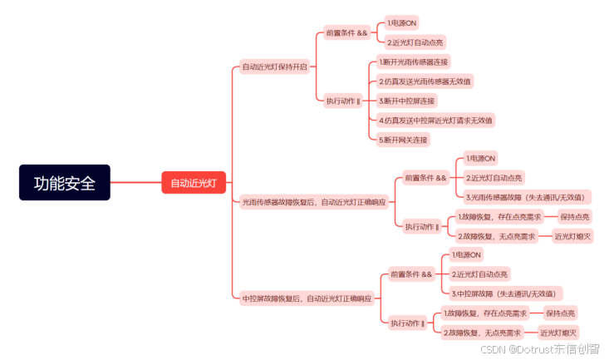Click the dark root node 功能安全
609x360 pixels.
tap(65, 182)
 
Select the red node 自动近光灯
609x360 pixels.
tap(194, 183)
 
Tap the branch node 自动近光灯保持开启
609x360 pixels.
tap(274, 67)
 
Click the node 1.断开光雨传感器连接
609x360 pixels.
tap(413, 62)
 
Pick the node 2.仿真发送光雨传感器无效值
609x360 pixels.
tap(425, 81)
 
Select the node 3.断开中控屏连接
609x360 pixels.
tap(407, 101)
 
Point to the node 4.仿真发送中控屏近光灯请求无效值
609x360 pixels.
tap(435, 121)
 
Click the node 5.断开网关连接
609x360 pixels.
tap(403, 140)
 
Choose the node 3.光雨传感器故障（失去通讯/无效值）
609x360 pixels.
tap(528, 197)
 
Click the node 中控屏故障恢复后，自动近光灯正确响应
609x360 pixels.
tap(307, 298)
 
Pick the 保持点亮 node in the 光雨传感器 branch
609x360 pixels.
tap(575, 217)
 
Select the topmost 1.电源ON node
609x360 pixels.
tap(402, 23)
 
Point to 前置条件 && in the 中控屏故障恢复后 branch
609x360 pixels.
tap(411, 274)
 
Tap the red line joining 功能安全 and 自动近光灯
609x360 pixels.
tap(135, 182)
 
